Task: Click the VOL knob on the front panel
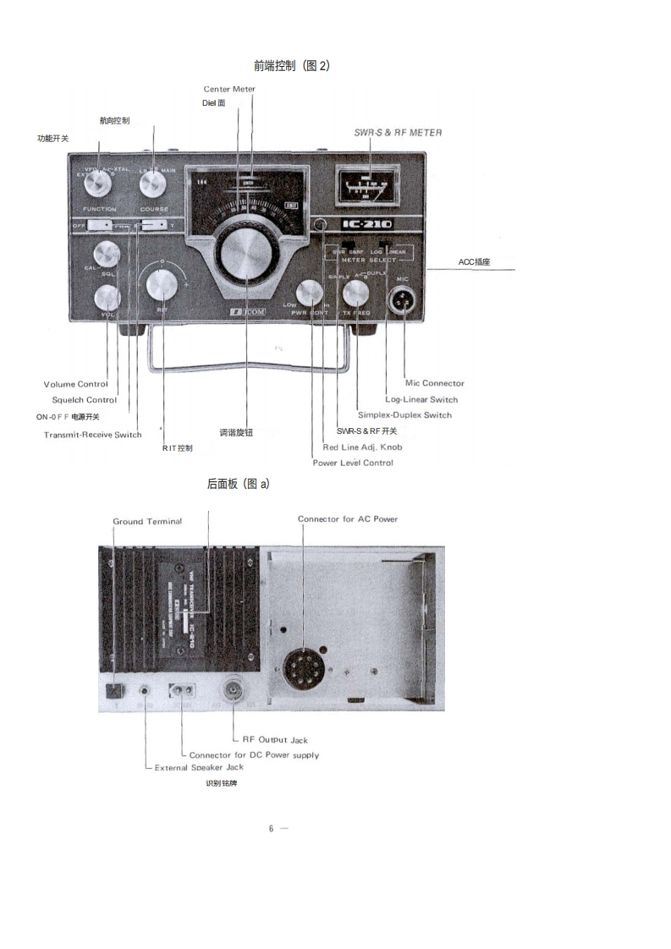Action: click(x=107, y=297)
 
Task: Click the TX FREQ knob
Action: click(x=356, y=294)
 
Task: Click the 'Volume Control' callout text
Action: click(x=75, y=385)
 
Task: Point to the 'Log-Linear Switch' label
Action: click(x=421, y=399)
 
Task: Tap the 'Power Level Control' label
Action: click(x=353, y=463)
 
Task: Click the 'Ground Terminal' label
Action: click(x=147, y=521)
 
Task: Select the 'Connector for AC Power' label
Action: click(x=347, y=518)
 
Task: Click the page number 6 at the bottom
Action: click(x=271, y=829)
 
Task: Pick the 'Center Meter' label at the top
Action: click(x=229, y=89)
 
